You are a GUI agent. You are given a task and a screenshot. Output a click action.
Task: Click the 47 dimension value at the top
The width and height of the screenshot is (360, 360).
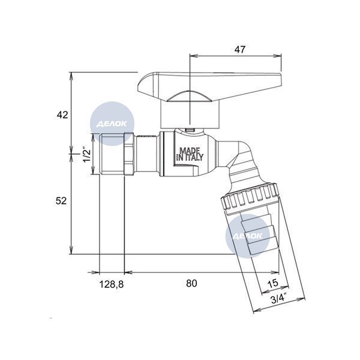click(240, 49)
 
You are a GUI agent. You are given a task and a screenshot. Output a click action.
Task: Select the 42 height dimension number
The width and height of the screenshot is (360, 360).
click(62, 115)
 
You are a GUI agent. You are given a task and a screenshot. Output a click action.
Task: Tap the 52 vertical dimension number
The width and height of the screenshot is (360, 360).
click(61, 200)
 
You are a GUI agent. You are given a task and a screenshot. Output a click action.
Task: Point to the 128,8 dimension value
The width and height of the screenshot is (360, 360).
click(112, 284)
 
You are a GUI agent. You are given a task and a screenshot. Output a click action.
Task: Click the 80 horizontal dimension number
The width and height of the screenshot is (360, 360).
click(191, 283)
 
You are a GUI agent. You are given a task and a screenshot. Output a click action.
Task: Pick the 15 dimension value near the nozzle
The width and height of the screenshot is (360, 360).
click(273, 283)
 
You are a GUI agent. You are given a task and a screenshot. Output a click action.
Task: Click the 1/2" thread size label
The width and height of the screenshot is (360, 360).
click(87, 154)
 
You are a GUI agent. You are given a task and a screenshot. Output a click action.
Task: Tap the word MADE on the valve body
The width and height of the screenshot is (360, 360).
click(190, 151)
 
